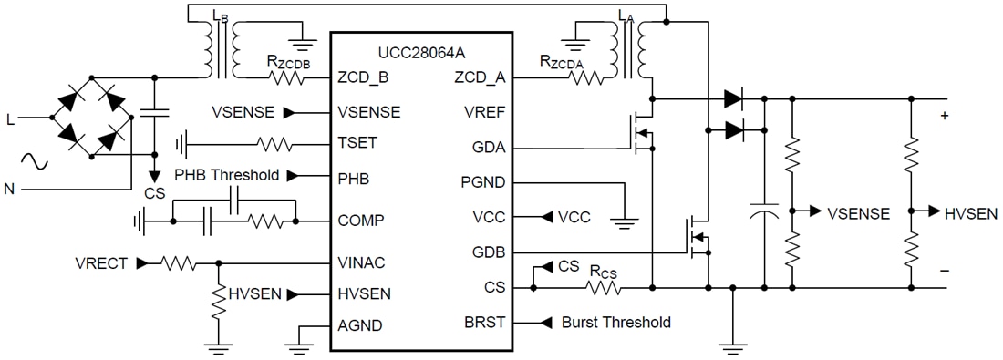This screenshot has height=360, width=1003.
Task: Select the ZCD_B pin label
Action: (x=363, y=77)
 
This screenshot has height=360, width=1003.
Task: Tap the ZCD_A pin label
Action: (x=480, y=77)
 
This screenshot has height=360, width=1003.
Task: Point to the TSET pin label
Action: (x=357, y=143)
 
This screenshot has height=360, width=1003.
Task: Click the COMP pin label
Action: (x=359, y=221)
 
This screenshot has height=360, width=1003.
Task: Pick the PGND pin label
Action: (x=483, y=182)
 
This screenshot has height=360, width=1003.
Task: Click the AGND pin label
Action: (x=359, y=325)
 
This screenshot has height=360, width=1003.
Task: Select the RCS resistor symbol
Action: (x=603, y=288)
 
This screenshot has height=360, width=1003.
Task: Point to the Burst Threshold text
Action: (x=615, y=323)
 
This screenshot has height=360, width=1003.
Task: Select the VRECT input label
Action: (x=102, y=263)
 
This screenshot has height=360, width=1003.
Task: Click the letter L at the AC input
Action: (x=11, y=118)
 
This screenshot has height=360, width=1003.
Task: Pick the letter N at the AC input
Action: (x=11, y=189)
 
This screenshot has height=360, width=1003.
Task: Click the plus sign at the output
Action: (x=944, y=116)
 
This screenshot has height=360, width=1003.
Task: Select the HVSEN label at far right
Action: (x=971, y=213)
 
